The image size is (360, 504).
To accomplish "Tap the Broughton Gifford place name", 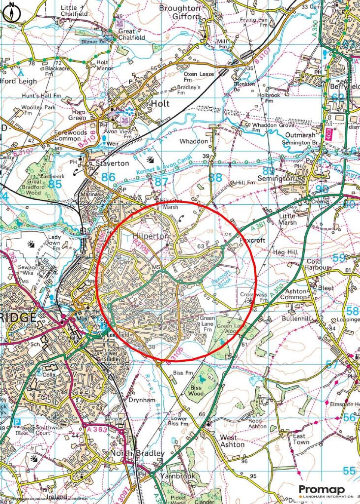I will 180,12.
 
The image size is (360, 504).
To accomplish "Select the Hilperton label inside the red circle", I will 151,237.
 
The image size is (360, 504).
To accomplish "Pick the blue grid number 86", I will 109,177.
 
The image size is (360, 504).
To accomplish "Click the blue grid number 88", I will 215,178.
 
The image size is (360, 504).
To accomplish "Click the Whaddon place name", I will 194,141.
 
